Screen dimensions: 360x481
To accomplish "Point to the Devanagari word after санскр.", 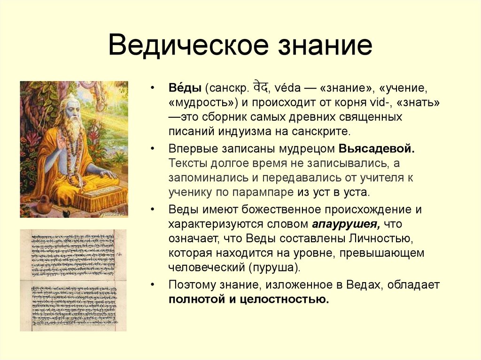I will [x=261, y=87].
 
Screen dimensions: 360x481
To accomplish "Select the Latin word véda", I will [x=287, y=88].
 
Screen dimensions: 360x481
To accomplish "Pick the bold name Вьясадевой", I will [x=376, y=149].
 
